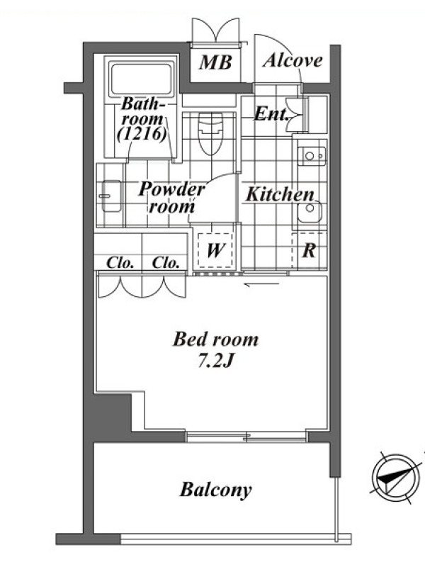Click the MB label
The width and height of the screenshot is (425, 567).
coord(215,62)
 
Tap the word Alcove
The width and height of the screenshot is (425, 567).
coord(293,60)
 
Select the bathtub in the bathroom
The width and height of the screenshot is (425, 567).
coord(142,79)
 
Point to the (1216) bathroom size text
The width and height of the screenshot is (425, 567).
coord(142,134)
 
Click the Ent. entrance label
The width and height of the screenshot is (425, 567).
coord(272,114)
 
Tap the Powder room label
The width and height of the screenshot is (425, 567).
coord(171,198)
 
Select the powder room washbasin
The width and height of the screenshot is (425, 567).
coord(110,196)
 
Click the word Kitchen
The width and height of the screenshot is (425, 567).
coord(280,194)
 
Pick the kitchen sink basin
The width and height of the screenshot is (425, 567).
coord(310,211)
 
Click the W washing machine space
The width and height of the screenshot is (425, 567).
coord(215,249)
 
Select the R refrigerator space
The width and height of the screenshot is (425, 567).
coord(309,250)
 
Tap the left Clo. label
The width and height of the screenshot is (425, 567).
coord(120,262)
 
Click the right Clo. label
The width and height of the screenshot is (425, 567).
coord(166,262)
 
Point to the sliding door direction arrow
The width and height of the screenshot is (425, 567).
coord(261,284)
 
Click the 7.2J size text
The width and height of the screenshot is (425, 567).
coord(215,360)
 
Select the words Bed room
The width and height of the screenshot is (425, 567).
coord(216,339)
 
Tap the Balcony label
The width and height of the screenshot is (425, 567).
coord(215,490)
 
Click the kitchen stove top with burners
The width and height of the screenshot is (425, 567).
coord(312,156)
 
